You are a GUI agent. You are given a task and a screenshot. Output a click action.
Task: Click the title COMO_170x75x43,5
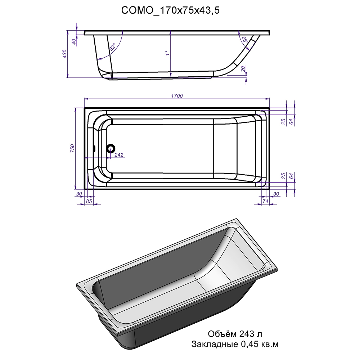(170, 10)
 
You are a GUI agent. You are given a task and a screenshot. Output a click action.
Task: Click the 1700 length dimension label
(177, 96)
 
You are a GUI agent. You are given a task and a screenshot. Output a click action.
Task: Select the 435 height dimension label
(64, 54)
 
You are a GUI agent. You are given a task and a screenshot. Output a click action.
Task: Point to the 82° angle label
(112, 47)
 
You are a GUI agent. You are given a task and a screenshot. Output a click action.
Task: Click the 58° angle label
(244, 40)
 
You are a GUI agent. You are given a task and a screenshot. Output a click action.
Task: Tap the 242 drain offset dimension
(119, 155)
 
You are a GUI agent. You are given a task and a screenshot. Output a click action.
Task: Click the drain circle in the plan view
(111, 149)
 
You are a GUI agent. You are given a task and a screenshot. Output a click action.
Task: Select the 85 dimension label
(89, 201)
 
